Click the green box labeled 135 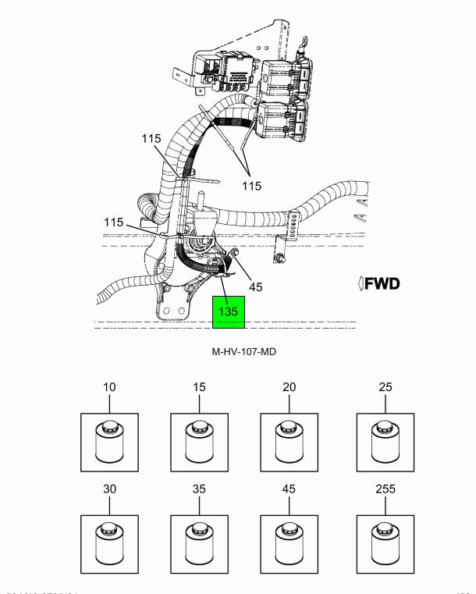pos(229,311)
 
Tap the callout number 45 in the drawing pos(256,286)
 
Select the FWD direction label pos(379,283)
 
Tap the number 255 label pos(385,489)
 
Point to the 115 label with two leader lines pos(251,186)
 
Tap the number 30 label pos(109,489)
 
